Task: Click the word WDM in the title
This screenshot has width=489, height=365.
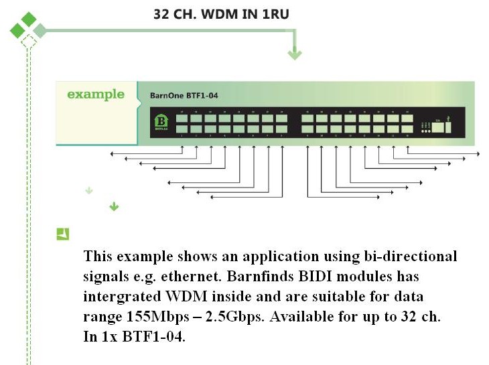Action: click(x=214, y=13)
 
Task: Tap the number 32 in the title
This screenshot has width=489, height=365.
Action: click(x=162, y=13)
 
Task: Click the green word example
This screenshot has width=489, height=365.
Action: click(x=96, y=94)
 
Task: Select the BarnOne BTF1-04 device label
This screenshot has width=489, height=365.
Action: click(x=184, y=96)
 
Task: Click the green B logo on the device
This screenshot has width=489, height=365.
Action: click(x=161, y=121)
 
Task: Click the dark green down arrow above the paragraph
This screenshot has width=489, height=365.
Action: click(x=114, y=207)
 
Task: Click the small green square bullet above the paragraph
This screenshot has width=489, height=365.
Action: click(x=63, y=234)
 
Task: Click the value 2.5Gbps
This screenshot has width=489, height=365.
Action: click(x=233, y=317)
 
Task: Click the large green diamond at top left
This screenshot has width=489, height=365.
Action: click(x=28, y=20)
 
